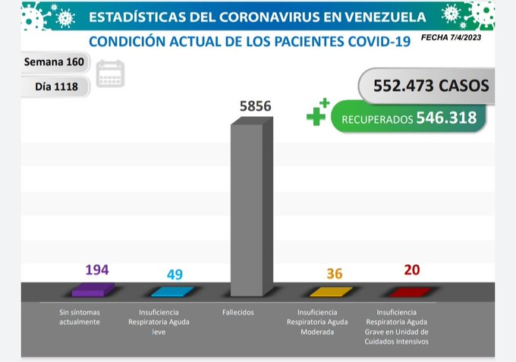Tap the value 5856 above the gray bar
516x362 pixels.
click(250, 108)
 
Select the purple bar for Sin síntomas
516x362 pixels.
click(93, 288)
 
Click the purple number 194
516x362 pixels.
click(97, 270)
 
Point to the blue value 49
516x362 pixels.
click(174, 274)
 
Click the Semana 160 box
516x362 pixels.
click(54, 61)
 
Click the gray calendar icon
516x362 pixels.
click(111, 74)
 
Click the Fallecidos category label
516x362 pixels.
click(238, 312)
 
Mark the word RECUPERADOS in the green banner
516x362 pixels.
click(376, 118)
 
